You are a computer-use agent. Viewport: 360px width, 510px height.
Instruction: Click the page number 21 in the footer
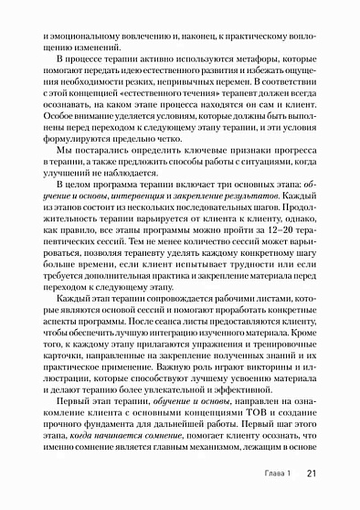tap(311, 473)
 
